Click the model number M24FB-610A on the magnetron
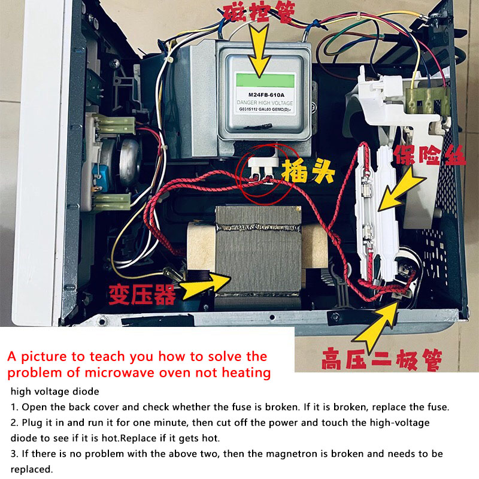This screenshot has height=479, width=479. [266, 95]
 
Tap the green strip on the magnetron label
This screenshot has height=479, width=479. [265, 80]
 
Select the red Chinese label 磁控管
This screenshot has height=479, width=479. [259, 11]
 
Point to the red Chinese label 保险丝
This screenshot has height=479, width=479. [429, 155]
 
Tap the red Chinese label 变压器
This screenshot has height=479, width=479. [143, 295]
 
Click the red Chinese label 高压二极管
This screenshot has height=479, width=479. [381, 360]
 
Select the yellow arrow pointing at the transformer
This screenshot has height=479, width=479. [205, 286]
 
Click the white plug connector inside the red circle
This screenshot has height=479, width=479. [263, 169]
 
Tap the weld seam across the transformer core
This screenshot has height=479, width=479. [258, 228]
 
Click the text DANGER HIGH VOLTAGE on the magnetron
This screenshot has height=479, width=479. [265, 103]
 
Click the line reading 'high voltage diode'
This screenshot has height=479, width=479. [55, 392]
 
